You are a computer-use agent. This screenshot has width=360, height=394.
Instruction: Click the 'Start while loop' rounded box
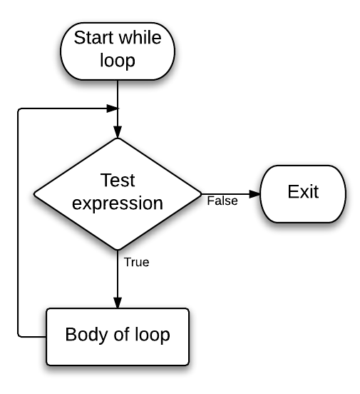point(116,49)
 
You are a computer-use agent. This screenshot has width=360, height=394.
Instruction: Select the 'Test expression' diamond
point(117,193)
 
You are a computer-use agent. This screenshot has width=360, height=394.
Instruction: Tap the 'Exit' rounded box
point(303,192)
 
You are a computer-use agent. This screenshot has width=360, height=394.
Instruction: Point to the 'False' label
point(222,201)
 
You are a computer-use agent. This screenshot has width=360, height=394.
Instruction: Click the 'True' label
point(136,262)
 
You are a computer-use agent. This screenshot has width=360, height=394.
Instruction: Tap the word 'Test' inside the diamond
point(118,181)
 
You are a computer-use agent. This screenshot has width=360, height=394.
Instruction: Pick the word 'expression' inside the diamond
point(118,204)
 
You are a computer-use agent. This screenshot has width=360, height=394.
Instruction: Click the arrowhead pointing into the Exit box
point(256,193)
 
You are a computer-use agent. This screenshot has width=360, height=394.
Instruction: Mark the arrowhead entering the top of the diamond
point(117,132)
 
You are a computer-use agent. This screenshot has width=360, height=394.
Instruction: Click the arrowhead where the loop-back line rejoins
point(112,108)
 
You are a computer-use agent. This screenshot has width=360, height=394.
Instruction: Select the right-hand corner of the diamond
point(202,193)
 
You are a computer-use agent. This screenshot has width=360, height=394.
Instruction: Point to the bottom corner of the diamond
point(117,250)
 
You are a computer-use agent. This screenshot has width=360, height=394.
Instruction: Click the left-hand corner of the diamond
point(33,193)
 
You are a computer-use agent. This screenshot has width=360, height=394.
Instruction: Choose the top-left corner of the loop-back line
point(18,109)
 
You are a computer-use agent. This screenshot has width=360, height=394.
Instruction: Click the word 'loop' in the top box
point(117,61)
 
